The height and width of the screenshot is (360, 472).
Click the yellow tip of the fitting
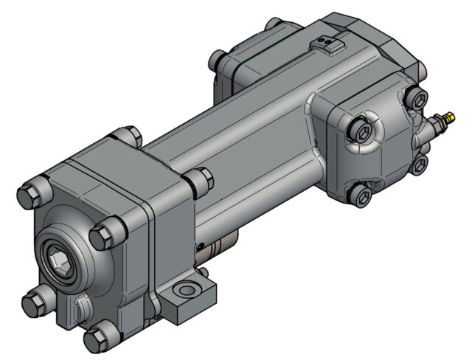click(447, 117)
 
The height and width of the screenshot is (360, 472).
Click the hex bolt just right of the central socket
click(102, 236)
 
